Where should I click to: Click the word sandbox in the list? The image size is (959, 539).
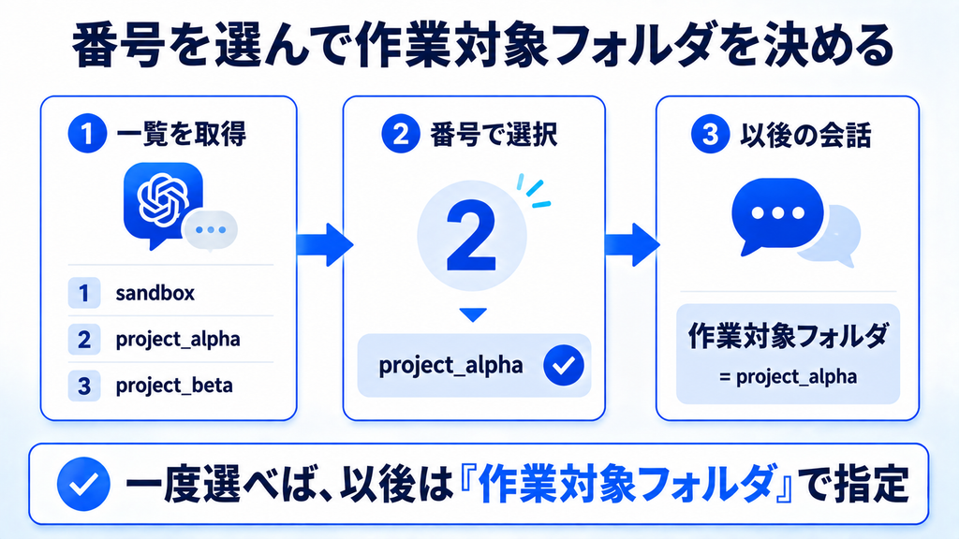click(x=155, y=293)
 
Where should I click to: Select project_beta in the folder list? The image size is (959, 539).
click(x=174, y=386)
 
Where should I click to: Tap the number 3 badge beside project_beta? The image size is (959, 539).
click(x=84, y=386)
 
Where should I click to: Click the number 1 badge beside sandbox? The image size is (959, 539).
click(x=84, y=293)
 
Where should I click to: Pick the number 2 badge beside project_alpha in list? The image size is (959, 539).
click(x=84, y=339)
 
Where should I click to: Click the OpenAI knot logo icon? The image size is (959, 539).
click(x=162, y=199)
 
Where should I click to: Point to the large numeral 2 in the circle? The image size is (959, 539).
click(x=471, y=236)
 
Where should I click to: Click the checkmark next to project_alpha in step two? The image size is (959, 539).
click(x=563, y=366)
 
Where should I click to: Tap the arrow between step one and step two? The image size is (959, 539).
click(x=325, y=244)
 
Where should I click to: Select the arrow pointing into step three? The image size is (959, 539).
click(x=632, y=244)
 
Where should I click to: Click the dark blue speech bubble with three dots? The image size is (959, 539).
click(x=776, y=215)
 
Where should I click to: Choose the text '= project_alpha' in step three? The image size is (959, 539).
click(x=788, y=376)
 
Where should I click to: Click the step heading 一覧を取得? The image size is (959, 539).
click(x=181, y=135)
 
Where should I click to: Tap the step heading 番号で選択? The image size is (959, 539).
click(x=494, y=135)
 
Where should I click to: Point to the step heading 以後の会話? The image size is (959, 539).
click(x=804, y=135)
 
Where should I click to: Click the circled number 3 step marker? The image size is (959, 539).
click(x=710, y=134)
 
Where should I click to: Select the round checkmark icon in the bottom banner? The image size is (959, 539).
click(x=83, y=484)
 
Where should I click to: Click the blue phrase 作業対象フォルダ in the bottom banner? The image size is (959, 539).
click(x=624, y=484)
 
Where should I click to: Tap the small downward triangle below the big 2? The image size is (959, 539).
click(x=473, y=314)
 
